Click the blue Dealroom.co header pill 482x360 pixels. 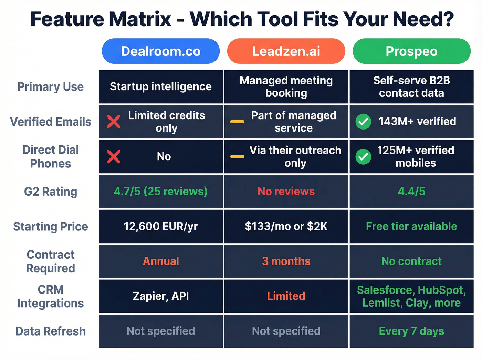pos(161,51)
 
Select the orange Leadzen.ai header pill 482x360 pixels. pos(286,51)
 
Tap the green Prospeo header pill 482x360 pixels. pos(411,51)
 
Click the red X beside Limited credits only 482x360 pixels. pos(114,122)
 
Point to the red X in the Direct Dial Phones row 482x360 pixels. pos(114,157)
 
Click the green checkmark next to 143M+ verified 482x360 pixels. pos(364,122)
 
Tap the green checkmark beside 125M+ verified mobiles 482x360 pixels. pos(364,157)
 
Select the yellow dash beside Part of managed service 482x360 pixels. pos(237,122)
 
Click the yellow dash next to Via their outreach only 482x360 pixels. pos(237,157)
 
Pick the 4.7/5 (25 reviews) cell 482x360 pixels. pos(161,191)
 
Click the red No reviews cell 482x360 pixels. pos(286,191)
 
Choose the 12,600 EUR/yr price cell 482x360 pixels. pos(161,226)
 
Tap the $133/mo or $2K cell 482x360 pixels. pos(286,226)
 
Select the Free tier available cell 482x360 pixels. pos(411,226)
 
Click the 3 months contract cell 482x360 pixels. pos(286,261)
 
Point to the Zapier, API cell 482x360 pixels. pos(161,296)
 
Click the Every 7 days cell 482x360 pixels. pos(411,331)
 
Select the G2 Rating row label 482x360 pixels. pos(51,192)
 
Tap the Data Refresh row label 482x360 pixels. pos(51,331)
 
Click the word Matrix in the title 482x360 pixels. pos(140,19)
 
